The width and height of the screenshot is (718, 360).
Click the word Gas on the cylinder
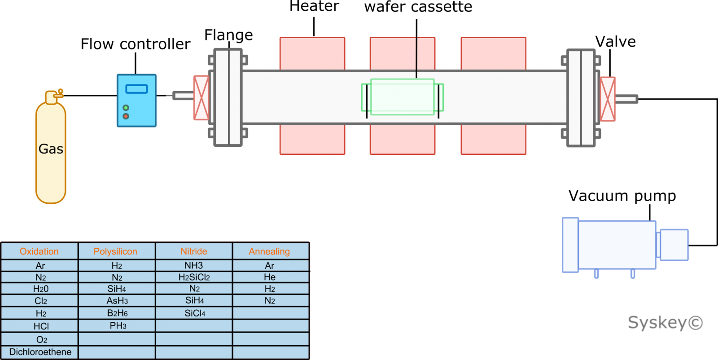point(51,149)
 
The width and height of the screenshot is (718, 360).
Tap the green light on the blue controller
point(126,108)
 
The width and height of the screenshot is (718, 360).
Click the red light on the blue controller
point(126,116)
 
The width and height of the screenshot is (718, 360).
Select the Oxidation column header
point(39,251)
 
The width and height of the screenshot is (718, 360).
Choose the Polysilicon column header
point(115,251)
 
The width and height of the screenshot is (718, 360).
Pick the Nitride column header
point(194,251)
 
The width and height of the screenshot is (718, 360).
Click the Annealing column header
point(269,251)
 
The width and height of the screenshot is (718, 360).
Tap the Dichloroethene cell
point(40,352)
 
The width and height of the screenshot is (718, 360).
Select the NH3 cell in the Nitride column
point(194,265)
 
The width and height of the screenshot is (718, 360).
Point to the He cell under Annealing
point(270,277)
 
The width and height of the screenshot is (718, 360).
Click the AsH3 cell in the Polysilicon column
point(117,300)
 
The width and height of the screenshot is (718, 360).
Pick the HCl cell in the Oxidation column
point(41,326)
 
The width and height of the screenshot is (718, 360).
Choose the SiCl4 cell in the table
point(195,313)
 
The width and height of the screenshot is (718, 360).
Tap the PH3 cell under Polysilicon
point(118,325)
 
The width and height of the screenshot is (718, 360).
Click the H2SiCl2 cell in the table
point(194,277)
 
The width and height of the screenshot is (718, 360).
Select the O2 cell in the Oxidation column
point(41,339)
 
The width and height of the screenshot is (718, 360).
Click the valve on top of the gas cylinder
point(58,93)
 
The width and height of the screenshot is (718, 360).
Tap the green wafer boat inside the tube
point(402,97)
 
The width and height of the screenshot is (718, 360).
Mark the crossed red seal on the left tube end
point(201,98)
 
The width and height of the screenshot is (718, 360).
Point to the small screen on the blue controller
point(136,89)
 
